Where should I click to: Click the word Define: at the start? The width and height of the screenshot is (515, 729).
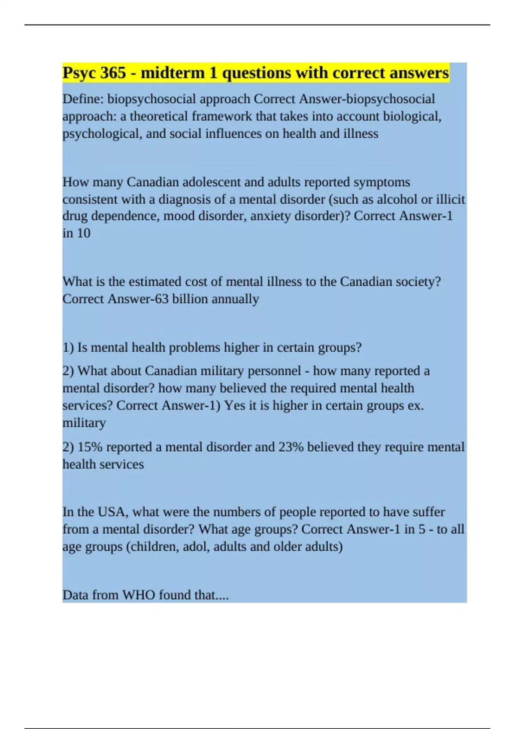83,99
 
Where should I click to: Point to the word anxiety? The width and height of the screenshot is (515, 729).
270,216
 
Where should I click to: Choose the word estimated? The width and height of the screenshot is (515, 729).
155,282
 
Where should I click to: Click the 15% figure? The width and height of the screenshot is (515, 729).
90,447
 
